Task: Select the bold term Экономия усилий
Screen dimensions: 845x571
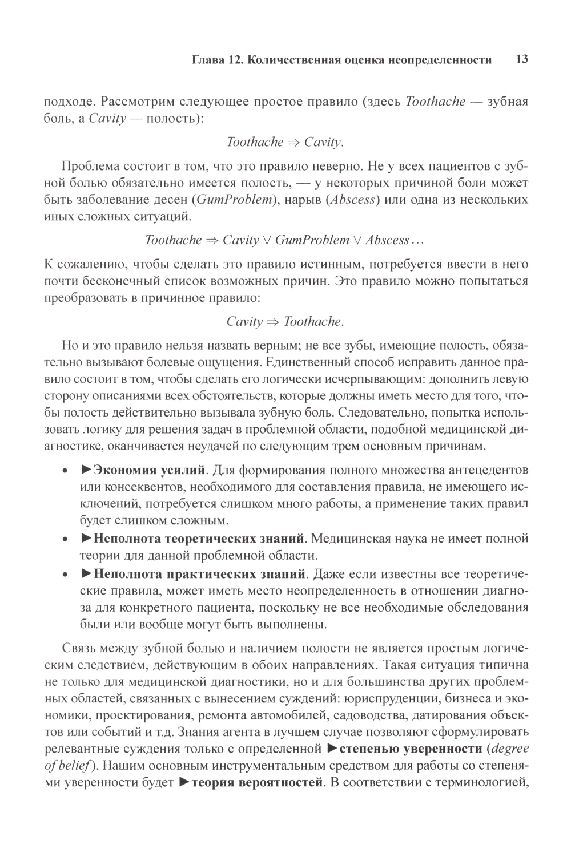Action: pos(149,471)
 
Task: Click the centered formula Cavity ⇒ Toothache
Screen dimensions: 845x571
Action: pos(285,322)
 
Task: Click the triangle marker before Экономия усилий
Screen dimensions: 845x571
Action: pos(86,471)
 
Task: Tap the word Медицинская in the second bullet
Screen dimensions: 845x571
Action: pos(356,538)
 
